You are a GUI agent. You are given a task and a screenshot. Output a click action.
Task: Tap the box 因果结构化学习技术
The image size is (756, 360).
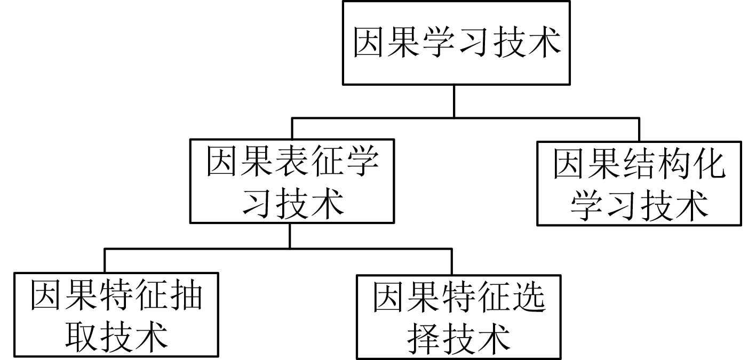coord(639,183)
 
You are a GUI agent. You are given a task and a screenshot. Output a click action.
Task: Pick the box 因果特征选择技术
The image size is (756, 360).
coord(459,317)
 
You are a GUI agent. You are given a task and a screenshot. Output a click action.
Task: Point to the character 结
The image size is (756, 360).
coord(639,164)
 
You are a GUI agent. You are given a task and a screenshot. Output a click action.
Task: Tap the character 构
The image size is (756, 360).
coord(673,164)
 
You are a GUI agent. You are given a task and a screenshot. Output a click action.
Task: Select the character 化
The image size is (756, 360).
coord(709,164)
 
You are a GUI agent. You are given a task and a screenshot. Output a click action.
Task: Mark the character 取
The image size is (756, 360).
coord(82,335)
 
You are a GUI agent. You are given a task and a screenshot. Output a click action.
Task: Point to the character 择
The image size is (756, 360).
coord(424,338)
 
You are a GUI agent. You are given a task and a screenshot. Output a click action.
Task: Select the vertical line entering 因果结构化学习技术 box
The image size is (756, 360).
coord(639,130)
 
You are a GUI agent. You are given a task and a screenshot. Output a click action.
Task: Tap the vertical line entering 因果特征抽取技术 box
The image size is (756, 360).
coord(105,261)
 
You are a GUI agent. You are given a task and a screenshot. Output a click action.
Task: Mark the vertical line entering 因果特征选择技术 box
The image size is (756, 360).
coord(452,261)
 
